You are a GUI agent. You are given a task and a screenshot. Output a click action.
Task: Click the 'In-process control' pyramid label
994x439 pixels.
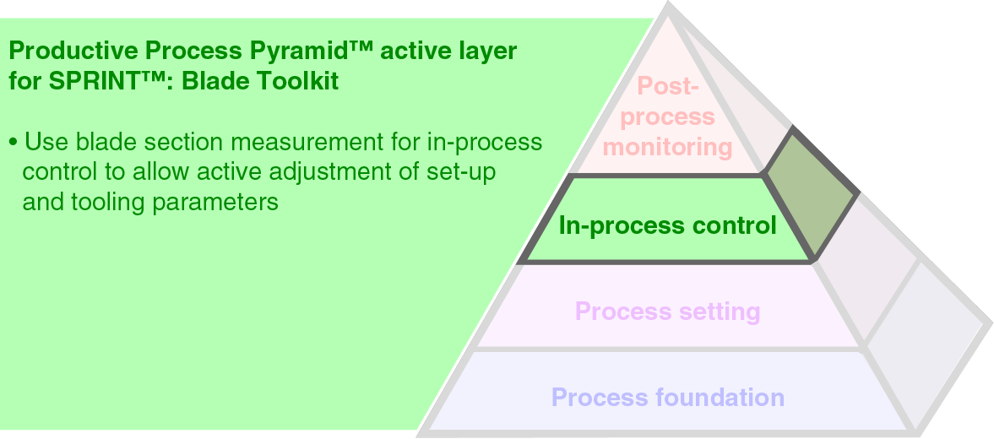point(667,226)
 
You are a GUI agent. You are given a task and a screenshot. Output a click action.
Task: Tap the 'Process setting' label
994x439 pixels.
point(667,312)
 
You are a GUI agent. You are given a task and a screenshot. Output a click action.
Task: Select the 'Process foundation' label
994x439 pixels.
point(667,397)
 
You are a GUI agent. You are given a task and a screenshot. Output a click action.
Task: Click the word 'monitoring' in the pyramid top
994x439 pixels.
point(667,147)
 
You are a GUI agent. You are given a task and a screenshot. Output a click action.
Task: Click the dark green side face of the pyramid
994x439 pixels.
point(811,194)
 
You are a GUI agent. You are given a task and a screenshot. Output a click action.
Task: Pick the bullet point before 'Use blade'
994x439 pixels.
point(13,142)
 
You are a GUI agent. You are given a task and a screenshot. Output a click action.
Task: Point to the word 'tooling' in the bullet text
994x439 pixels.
point(109,203)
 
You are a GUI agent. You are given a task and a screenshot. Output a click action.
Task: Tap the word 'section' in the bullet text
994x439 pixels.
point(190,141)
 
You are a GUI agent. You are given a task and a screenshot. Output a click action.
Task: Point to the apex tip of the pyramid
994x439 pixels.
point(669,5)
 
